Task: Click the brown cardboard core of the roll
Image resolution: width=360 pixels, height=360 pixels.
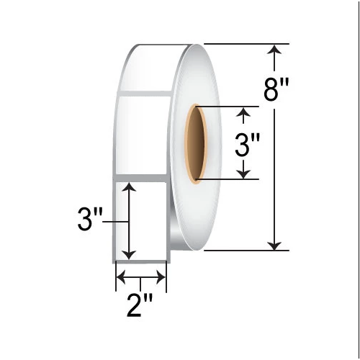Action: coord(195,142)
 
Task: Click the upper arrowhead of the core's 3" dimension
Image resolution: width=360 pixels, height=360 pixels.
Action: coord(246,112)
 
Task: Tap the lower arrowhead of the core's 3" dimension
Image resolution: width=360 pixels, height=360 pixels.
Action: coord(246,173)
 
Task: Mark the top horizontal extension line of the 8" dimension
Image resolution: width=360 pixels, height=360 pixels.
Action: coord(245,45)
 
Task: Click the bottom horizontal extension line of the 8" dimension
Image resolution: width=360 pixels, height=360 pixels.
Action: coord(245,251)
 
